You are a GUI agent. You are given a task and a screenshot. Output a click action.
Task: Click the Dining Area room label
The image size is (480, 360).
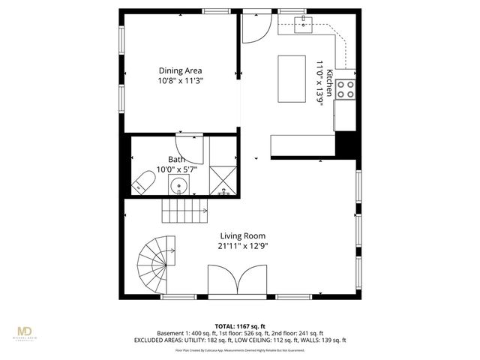(180, 70)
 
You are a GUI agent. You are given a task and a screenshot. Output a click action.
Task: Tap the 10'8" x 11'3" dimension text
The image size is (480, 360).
(180, 80)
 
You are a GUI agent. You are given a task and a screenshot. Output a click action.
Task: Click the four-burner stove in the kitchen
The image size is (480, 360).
(345, 89)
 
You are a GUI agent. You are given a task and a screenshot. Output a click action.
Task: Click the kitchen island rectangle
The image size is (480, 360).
(293, 77)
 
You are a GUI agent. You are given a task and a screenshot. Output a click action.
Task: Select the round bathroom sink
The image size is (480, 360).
(180, 186)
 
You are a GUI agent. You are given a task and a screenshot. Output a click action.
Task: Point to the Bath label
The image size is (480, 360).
(176, 159)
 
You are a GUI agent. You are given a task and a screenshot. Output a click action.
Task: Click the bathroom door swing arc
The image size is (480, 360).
(191, 148)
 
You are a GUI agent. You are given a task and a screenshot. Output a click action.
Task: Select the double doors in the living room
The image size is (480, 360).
(238, 282)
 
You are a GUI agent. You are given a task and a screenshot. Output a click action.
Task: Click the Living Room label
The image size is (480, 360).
(242, 235)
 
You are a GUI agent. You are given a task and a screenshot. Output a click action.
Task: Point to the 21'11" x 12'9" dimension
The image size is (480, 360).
(242, 245)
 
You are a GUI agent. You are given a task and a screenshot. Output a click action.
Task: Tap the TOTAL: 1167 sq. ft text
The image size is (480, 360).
(239, 325)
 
